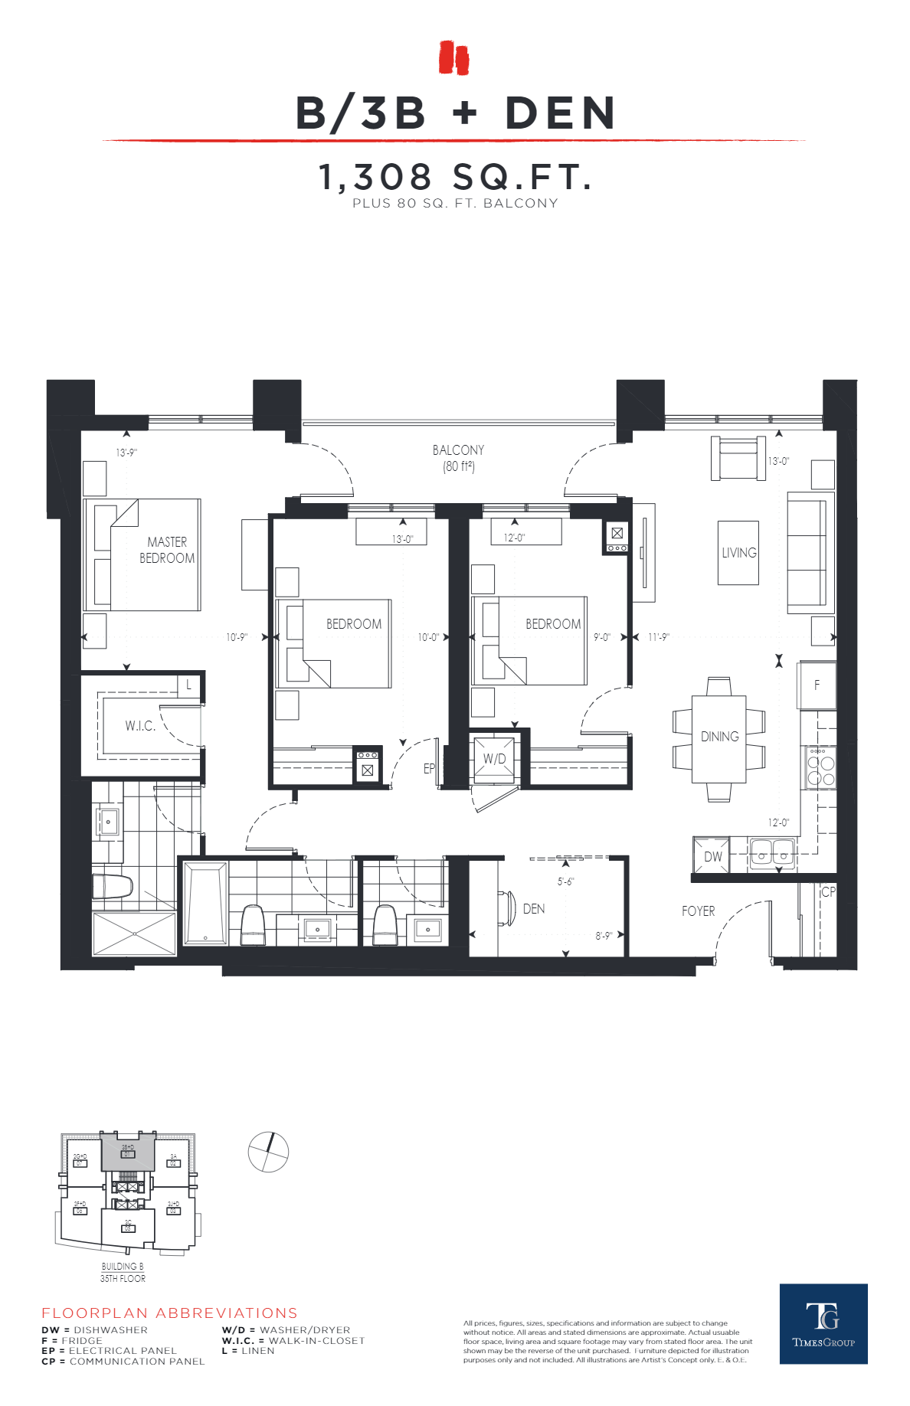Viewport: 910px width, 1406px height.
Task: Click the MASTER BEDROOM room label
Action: coord(167,550)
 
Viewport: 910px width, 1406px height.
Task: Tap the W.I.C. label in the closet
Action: coord(140,725)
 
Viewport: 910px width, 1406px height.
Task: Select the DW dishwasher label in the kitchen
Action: coord(712,856)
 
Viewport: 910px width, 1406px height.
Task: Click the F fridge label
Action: coord(817,685)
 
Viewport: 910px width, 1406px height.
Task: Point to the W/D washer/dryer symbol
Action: coord(494,759)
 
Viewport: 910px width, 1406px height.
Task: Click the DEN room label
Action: coord(534,909)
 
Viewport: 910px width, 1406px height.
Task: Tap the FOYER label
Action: coord(698,911)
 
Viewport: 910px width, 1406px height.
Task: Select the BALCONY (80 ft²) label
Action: coord(458,458)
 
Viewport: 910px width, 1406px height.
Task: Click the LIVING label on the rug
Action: coord(738,553)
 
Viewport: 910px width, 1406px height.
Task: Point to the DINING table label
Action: coord(719,737)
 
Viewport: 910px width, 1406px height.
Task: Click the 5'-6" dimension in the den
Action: coord(565,881)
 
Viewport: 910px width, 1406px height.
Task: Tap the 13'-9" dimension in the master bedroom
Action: coord(126,453)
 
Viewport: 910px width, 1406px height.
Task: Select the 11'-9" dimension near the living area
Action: coord(659,637)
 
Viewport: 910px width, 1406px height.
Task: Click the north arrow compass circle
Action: coord(268,1152)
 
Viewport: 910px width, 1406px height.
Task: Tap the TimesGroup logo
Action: coord(823,1323)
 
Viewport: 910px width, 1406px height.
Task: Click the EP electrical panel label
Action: coord(429,768)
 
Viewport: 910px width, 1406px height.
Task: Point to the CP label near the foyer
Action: coord(828,892)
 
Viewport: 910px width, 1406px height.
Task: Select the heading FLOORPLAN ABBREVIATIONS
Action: coord(169,1313)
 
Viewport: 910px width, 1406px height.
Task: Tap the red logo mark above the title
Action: coord(453,58)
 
